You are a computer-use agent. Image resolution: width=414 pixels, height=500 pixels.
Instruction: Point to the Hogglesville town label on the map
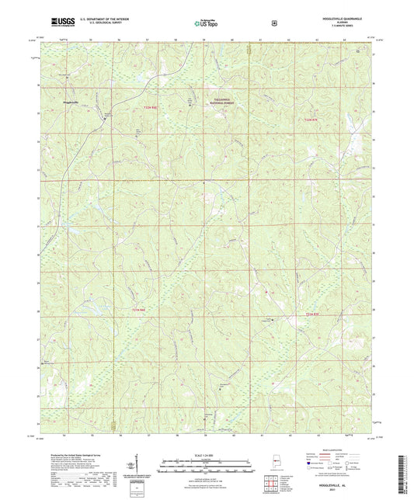69,102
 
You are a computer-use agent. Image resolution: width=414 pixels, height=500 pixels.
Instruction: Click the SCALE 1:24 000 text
207,454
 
